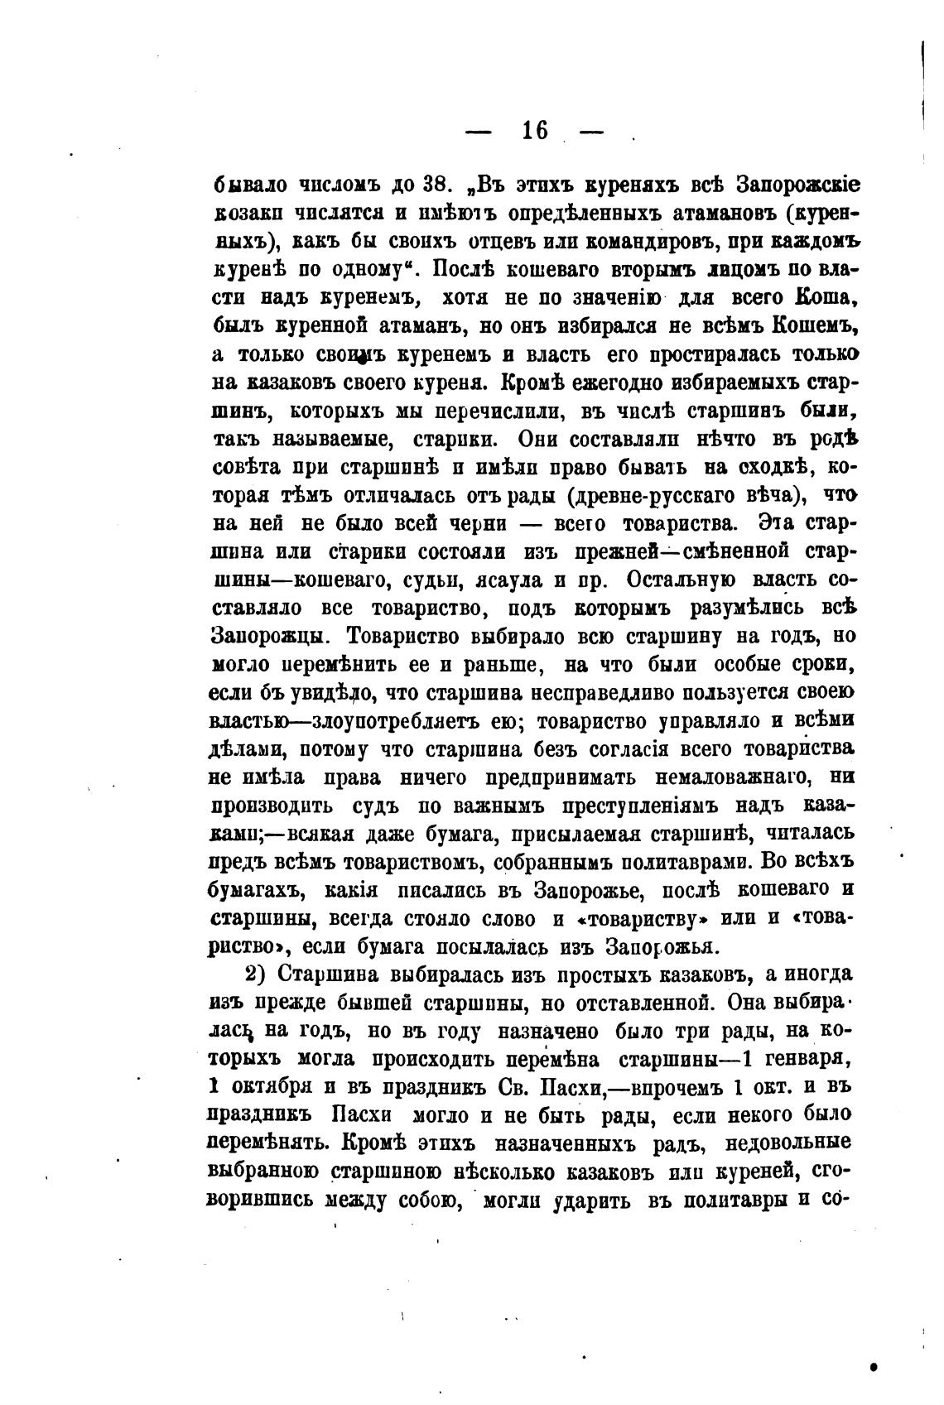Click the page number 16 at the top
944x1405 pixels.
(x=535, y=130)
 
